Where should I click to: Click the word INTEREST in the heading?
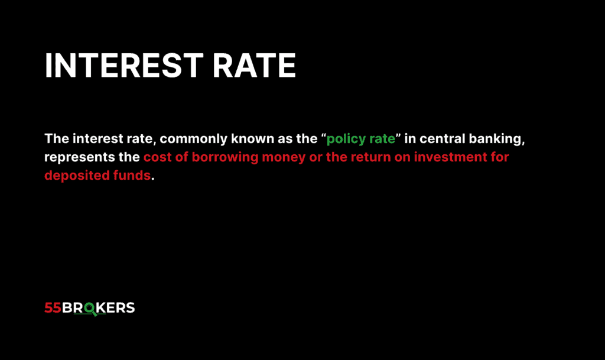click(x=126, y=66)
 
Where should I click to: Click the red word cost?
click(x=156, y=158)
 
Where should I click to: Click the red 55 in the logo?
click(x=53, y=308)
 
